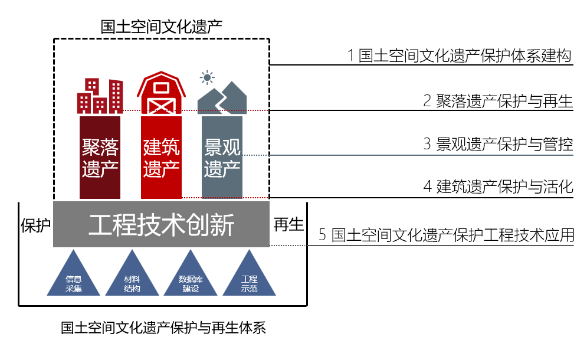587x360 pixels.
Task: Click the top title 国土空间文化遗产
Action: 161,26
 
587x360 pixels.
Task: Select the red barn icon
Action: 161,94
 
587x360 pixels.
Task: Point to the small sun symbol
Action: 206,77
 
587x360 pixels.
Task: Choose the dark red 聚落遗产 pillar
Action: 100,158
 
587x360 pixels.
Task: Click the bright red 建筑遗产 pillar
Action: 161,158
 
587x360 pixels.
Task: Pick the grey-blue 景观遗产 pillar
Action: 222,158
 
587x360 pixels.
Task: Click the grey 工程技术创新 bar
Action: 161,225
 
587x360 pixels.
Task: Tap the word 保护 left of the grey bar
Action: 35,225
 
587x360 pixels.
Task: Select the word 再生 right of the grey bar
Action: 288,224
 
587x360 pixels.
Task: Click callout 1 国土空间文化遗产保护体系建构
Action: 460,56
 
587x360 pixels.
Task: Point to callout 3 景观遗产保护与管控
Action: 498,144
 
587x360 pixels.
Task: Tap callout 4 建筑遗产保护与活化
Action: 498,188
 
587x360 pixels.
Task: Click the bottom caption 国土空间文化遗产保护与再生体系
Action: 163,328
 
